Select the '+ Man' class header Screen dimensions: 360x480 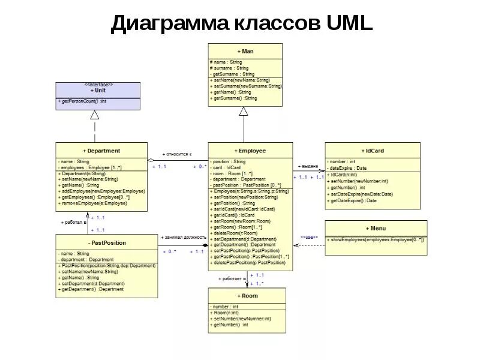[x=245, y=52]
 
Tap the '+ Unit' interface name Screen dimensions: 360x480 [x=98, y=91]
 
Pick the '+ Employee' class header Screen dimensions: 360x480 [x=251, y=151]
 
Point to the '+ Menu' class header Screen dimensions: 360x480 [x=376, y=229]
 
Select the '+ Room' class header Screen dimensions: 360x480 [x=247, y=296]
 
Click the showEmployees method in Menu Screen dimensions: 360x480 [x=376, y=240]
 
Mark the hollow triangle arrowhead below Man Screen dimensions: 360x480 [x=243, y=111]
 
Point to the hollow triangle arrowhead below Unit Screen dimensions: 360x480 [x=94, y=115]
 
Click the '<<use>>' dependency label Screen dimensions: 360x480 [x=308, y=236]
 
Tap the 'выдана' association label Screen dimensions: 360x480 [x=308, y=166]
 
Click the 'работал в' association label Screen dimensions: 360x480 [x=74, y=222]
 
